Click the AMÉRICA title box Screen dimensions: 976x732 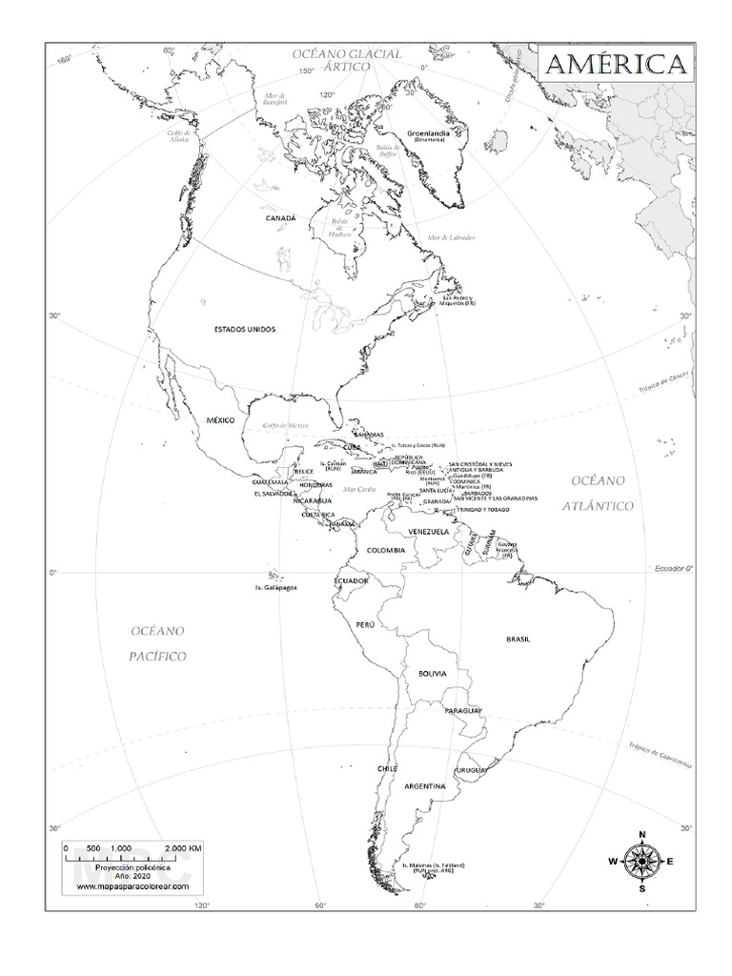coord(615,66)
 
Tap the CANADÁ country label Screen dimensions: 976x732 coord(281,218)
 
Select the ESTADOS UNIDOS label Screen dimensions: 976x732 coord(245,329)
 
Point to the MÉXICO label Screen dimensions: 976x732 coord(220,419)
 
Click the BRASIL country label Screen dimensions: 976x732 coord(518,640)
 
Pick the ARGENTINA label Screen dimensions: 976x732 coord(425,786)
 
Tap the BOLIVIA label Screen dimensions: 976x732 coord(432,674)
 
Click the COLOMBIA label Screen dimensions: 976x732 coord(383,550)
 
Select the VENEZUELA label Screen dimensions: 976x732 coord(428,531)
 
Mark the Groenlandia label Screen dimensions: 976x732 coord(428,133)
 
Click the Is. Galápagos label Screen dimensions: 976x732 coord(275,588)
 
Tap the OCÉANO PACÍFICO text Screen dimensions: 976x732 coord(158,643)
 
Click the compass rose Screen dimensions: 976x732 coord(641,861)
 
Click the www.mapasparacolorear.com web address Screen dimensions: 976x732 coord(132,886)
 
